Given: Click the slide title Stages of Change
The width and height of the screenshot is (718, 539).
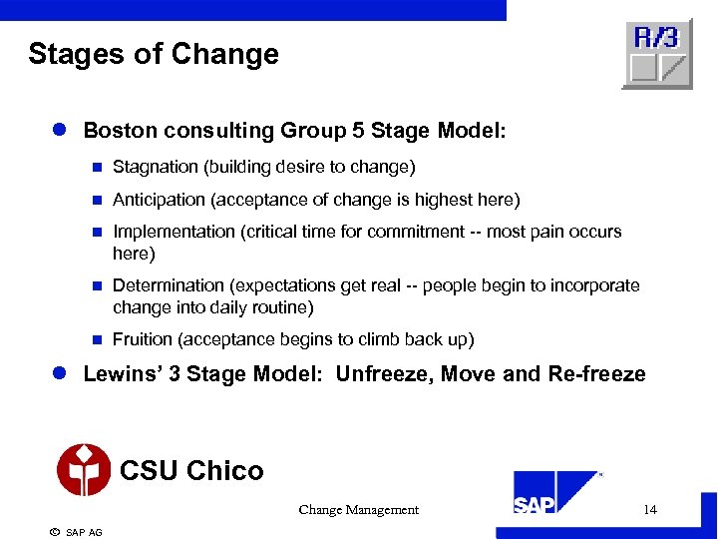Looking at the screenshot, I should tap(154, 54).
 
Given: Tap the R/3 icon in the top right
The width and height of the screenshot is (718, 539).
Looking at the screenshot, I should tap(656, 54).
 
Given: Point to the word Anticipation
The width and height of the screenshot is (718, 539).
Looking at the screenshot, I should tap(158, 200).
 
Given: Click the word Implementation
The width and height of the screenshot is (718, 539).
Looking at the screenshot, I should tap(174, 232).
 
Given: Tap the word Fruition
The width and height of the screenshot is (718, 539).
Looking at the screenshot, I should tap(143, 339).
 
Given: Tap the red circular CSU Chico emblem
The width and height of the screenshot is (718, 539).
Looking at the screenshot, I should tap(84, 469).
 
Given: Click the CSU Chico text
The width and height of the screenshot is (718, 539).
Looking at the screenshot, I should tap(191, 470).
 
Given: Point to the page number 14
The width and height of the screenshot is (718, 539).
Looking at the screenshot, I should tap(650, 510).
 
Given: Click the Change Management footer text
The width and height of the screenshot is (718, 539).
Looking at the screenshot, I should tap(358, 510).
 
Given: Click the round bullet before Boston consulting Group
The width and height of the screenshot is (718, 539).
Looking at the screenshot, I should tap(59, 131).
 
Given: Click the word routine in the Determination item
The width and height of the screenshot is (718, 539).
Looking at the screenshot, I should tap(282, 307).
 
